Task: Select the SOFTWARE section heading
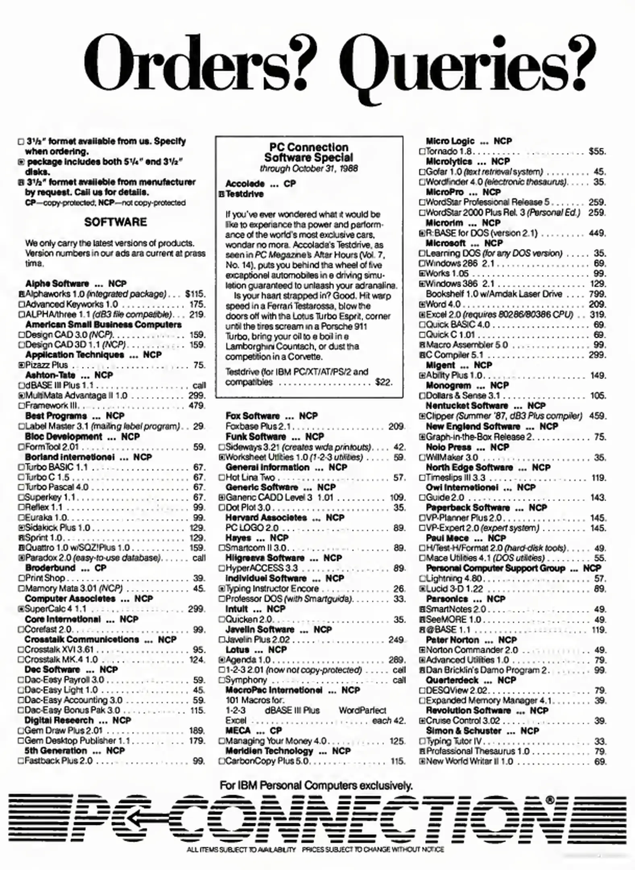tap(116, 222)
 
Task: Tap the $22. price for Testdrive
tap(383, 382)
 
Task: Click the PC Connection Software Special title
tap(309, 152)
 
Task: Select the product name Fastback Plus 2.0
tap(59, 761)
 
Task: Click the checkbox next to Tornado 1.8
tap(422, 152)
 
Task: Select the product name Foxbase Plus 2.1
tap(258, 426)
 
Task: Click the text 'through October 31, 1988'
tap(309, 168)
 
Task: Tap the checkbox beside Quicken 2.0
tap(221, 619)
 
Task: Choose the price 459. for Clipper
tap(597, 416)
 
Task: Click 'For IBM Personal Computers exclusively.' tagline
tap(316, 785)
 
